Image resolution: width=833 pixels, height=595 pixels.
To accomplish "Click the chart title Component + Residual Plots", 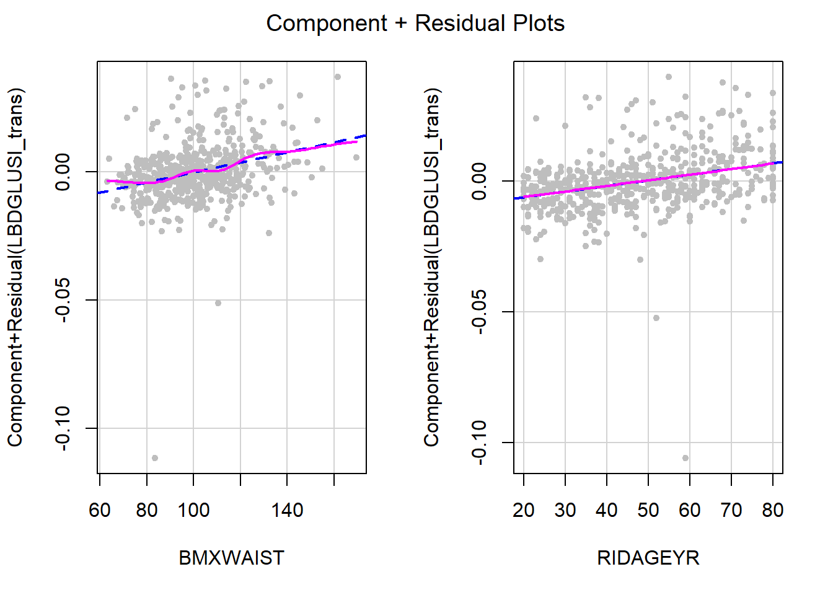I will (415, 24).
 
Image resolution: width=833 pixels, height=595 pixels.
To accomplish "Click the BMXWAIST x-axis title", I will (231, 558).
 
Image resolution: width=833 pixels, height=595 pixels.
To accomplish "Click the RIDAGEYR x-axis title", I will (648, 558).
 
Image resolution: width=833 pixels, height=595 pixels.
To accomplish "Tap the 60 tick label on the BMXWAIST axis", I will (100, 510).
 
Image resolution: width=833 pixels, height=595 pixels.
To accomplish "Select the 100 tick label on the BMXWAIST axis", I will (193, 510).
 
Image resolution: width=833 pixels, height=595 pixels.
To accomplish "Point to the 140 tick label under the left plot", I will (287, 510).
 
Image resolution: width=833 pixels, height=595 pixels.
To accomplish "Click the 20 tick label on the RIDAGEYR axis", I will (524, 510).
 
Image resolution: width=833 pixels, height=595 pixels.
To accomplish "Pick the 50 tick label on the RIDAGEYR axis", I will (648, 510).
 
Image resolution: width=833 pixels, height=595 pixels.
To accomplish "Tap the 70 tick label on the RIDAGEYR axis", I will (731, 510).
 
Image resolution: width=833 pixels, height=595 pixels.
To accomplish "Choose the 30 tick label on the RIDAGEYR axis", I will (565, 510).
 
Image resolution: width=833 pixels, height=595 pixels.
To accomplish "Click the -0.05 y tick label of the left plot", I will (63, 300).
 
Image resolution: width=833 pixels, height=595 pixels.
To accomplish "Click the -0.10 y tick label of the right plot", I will (479, 442).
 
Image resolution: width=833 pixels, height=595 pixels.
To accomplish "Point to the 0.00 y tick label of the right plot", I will (479, 181).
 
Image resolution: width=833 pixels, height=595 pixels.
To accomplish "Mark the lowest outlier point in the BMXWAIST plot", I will (155, 458).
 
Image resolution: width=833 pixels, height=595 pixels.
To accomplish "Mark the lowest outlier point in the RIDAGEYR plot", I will (685, 458).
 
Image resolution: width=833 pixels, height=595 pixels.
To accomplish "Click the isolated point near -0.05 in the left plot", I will (218, 303).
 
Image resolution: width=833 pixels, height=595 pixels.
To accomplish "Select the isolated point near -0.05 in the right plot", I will (656, 318).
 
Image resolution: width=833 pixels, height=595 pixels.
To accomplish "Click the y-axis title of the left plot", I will (15, 267).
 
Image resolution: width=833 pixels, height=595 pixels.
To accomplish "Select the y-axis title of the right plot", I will (431, 267).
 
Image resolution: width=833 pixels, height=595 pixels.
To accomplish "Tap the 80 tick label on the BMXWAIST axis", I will (147, 510).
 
